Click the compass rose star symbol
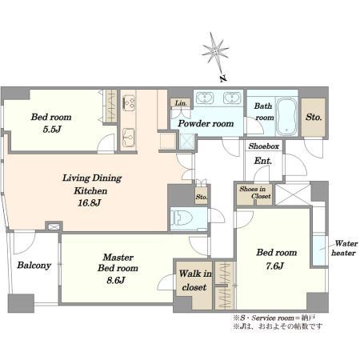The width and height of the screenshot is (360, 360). click(x=215, y=50)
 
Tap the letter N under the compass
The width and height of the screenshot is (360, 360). click(x=223, y=78)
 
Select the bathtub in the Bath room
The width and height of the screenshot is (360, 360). click(x=286, y=116)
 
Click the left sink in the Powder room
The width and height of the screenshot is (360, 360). click(x=205, y=98)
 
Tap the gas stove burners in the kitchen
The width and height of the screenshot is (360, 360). click(x=129, y=102)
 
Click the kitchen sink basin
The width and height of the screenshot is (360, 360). click(x=129, y=138)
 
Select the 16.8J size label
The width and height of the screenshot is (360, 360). click(x=90, y=202)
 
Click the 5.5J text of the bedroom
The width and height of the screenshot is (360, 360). click(x=52, y=130)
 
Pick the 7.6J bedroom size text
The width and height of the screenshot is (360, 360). click(x=274, y=266)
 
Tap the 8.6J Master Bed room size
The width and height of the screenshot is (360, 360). click(x=116, y=280)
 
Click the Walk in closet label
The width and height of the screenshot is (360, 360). click(x=195, y=280)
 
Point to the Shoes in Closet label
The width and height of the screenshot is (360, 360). click(x=255, y=193)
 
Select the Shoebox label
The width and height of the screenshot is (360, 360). click(x=264, y=146)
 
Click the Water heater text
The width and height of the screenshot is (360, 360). click(x=345, y=248)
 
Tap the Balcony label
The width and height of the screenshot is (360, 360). click(x=34, y=266)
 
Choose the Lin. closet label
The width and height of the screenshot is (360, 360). click(x=181, y=103)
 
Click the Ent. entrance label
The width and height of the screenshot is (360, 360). click(x=263, y=161)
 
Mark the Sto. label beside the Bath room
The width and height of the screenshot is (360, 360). click(x=314, y=117)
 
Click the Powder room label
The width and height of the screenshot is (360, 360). click(x=206, y=123)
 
